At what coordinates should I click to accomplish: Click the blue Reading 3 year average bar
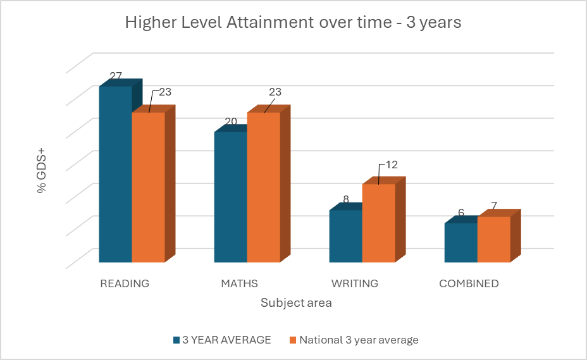115,174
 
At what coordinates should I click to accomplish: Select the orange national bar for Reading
148,187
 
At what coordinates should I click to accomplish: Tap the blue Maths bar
230,197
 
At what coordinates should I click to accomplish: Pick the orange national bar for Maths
263,187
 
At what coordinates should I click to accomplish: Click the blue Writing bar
345,235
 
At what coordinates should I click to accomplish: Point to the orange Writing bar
378,223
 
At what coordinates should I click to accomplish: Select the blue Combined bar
460,242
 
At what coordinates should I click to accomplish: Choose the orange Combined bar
493,239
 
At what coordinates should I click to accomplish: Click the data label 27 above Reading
116,76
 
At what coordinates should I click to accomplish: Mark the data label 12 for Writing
391,164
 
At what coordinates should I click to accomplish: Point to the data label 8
346,199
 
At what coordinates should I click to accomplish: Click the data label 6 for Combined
461,213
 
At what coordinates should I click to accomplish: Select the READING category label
125,283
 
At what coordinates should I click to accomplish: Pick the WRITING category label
355,283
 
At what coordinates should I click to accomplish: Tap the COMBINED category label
469,283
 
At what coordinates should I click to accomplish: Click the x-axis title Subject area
296,303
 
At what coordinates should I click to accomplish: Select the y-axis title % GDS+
42,171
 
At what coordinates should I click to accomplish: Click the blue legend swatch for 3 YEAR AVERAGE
176,340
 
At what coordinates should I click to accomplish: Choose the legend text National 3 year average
359,340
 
